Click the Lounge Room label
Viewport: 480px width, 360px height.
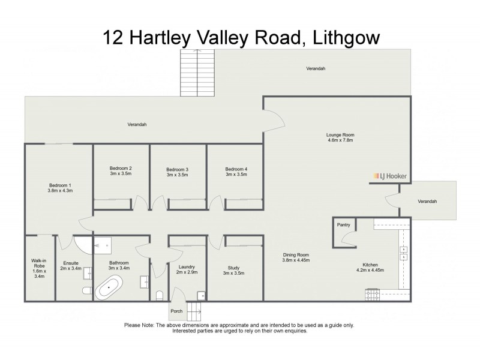click(x=340, y=134)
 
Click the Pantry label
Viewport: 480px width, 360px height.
click(x=344, y=225)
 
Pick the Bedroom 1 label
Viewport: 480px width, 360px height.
click(x=60, y=184)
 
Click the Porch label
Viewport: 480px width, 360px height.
click(x=176, y=311)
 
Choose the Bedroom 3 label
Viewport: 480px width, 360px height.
click(x=178, y=170)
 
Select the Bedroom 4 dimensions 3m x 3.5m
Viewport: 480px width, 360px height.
click(x=236, y=175)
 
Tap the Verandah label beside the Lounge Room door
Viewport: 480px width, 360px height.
click(x=427, y=201)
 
